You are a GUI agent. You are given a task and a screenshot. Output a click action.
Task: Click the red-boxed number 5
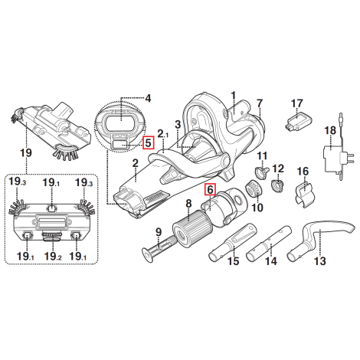point(149,142)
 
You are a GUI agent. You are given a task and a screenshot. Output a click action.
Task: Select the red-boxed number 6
point(210,190)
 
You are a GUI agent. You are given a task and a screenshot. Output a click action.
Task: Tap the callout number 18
point(330,130)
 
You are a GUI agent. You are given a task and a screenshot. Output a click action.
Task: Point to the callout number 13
point(320,261)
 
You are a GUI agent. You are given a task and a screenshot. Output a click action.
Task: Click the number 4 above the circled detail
point(148,98)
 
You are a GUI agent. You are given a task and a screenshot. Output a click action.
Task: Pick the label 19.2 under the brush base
point(53,256)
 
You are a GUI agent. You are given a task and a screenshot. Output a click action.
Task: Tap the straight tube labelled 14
point(269,244)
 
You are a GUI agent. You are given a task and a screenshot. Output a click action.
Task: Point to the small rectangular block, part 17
point(298,121)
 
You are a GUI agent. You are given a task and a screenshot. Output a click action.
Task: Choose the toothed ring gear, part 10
point(253,190)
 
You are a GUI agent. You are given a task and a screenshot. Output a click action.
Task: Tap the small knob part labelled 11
point(262,171)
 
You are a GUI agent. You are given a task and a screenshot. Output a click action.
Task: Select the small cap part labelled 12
point(277,185)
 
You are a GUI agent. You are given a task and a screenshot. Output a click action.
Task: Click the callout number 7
point(260,103)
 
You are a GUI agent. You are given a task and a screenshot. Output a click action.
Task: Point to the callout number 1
point(233,96)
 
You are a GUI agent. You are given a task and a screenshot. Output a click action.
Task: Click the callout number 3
point(178,125)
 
